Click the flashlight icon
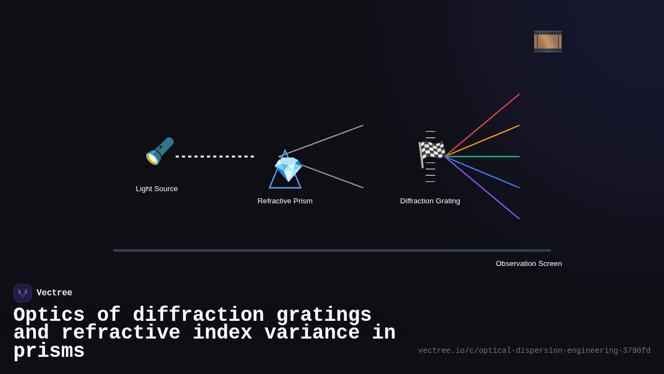[x=159, y=151]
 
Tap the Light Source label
[x=157, y=189]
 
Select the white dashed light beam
[x=215, y=157]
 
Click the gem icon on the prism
[x=288, y=169]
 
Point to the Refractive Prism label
[x=285, y=201]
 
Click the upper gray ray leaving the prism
[x=332, y=136]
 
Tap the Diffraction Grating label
[x=430, y=201]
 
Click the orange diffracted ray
[x=487, y=139]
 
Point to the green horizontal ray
[x=487, y=157]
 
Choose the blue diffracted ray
[x=487, y=175]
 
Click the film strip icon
[x=547, y=42]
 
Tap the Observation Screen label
[x=528, y=264]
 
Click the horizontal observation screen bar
[x=332, y=250]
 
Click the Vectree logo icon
[x=23, y=293]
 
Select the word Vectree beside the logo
[x=54, y=293]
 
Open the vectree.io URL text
[x=534, y=351]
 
